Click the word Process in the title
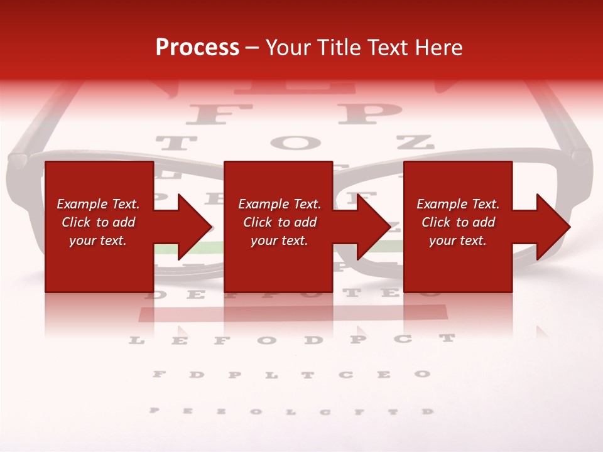click(x=197, y=47)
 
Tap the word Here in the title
click(x=438, y=47)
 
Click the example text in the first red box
click(x=98, y=222)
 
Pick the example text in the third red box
click(x=458, y=222)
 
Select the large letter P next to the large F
click(x=369, y=114)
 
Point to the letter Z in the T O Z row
click(x=415, y=143)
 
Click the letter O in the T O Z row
click(x=296, y=143)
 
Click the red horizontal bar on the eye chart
click(x=293, y=312)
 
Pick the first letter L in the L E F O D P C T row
click(x=136, y=341)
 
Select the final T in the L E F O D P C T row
click(x=447, y=338)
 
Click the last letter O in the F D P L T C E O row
click(x=421, y=374)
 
